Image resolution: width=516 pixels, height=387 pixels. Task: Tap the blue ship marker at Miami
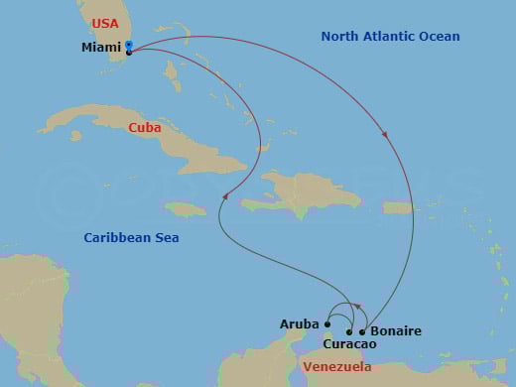coord(130,46)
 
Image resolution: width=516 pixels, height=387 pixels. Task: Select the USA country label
coord(104,23)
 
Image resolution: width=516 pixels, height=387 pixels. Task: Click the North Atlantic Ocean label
coord(390,37)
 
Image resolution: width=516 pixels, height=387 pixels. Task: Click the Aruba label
coord(301,324)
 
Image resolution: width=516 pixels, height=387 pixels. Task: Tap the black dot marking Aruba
coord(327,323)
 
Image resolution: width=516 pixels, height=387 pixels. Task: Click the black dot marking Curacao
coord(349,331)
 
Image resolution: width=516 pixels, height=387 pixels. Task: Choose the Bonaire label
coord(395,330)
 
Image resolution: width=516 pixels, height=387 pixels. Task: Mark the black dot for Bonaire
coord(362,331)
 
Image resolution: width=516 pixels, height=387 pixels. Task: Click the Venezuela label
coord(335,367)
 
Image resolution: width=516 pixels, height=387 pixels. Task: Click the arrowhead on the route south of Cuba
coord(225,196)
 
